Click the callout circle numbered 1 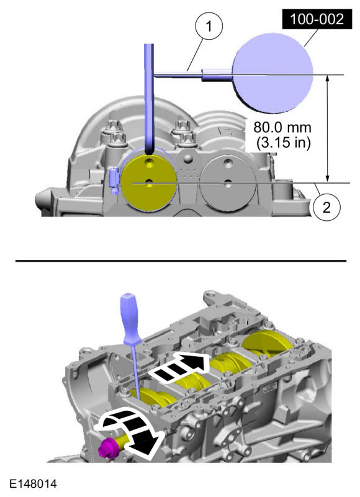(209, 26)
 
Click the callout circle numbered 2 (326, 208)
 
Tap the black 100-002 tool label (317, 19)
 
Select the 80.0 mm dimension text (282, 127)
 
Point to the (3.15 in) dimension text (283, 142)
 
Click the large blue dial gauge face (272, 73)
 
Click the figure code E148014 (34, 484)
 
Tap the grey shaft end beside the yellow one (227, 184)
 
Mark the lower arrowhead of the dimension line (328, 179)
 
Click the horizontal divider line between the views (181, 261)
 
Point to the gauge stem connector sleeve (217, 75)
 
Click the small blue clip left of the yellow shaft (114, 181)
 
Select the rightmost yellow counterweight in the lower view (269, 345)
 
